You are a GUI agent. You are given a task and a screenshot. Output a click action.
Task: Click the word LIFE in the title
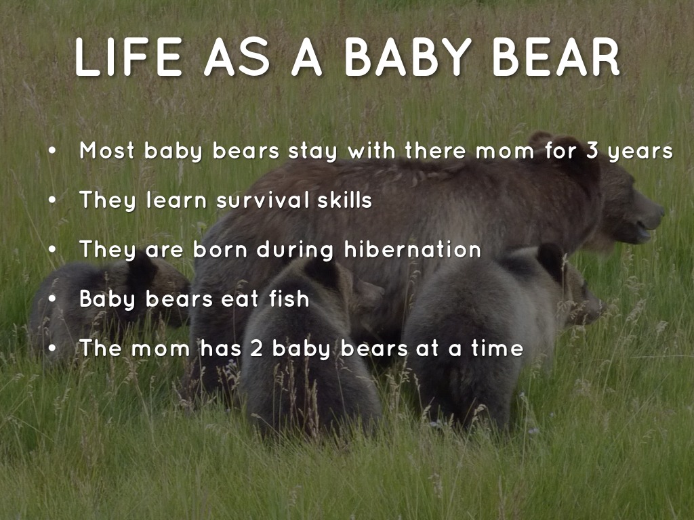(128, 57)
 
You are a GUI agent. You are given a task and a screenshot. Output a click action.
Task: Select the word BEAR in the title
(556, 57)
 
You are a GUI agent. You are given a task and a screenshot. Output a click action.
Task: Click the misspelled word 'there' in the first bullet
(436, 150)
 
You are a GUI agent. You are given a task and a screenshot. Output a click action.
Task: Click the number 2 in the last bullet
(256, 349)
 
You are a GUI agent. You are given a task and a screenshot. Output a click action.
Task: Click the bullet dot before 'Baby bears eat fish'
(53, 299)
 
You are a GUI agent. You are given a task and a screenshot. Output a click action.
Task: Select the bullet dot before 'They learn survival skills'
(53, 200)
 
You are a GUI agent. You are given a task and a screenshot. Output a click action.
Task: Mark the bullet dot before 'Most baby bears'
(53, 151)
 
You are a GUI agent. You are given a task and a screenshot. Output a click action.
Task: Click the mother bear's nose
(659, 211)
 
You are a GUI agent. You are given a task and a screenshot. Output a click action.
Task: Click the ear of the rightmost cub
(551, 259)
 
